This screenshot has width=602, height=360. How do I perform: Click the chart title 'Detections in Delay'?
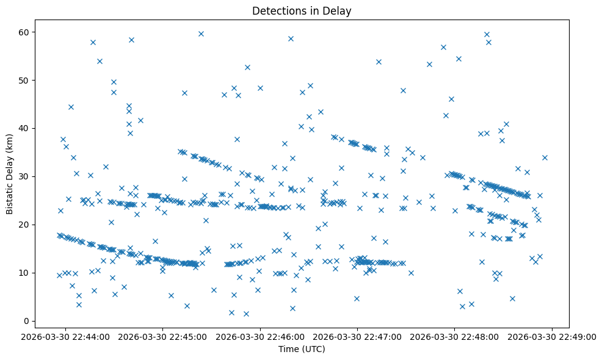point(302,10)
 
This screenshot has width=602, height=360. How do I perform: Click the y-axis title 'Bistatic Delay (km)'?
point(10,174)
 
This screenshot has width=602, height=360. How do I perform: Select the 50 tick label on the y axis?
point(29,80)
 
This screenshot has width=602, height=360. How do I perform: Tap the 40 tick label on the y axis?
point(29,128)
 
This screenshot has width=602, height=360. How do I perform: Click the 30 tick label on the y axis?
point(29,176)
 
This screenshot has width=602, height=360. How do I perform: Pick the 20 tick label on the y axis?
point(29,225)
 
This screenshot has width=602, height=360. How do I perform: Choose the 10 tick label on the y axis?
point(29,273)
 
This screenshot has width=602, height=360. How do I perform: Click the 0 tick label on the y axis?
point(32,321)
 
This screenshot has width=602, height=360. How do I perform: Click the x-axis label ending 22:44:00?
point(66,336)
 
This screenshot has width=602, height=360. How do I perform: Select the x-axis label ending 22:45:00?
point(164,336)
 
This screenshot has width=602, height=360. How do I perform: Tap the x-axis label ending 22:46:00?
point(261,336)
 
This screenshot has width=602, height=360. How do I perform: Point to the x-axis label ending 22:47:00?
point(358,336)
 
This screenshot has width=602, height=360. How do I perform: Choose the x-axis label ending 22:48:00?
point(455,336)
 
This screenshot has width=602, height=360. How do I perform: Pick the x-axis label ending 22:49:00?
point(553,336)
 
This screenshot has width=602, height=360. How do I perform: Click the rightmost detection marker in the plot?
point(545,157)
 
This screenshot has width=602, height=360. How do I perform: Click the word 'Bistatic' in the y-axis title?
point(10,195)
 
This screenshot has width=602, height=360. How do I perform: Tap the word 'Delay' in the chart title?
point(339,10)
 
